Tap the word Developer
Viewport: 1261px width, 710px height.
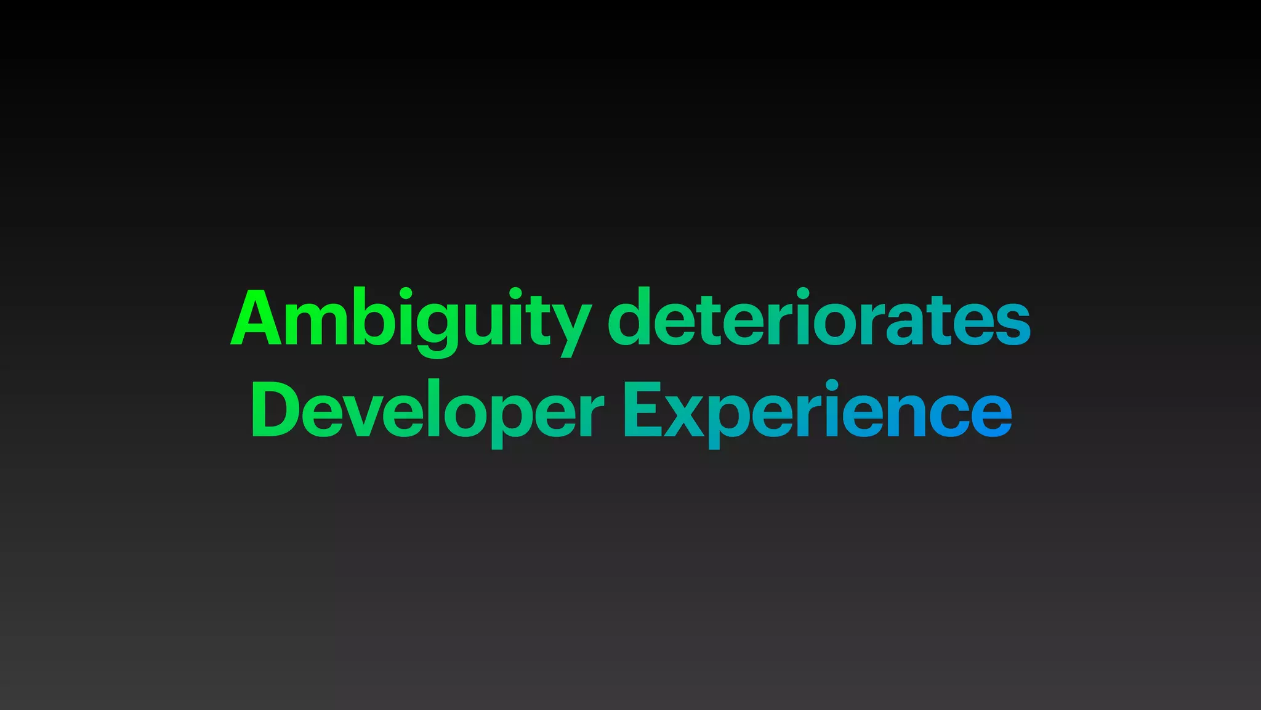427,410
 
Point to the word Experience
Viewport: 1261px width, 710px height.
818,410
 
